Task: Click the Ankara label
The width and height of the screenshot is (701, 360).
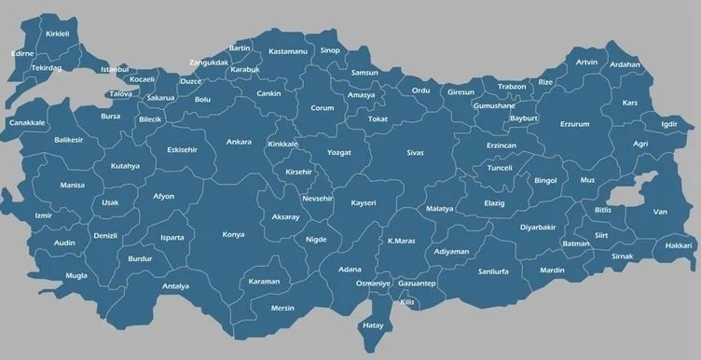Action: click(239, 143)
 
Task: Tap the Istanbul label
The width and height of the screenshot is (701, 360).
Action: click(115, 70)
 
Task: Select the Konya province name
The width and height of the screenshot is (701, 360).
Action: click(233, 235)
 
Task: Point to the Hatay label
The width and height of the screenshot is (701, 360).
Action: click(374, 325)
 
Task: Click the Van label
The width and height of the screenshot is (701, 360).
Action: click(660, 212)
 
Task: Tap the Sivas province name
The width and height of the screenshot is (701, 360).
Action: click(415, 151)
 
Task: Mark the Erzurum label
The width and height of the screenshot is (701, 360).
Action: click(575, 123)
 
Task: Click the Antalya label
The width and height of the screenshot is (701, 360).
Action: click(175, 286)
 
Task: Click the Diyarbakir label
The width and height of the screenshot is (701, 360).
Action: click(538, 227)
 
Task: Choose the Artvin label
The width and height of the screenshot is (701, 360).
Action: click(586, 62)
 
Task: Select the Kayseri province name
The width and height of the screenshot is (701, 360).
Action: click(363, 202)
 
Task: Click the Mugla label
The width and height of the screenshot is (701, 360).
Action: click(76, 276)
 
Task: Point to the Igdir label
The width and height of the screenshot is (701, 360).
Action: click(668, 124)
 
